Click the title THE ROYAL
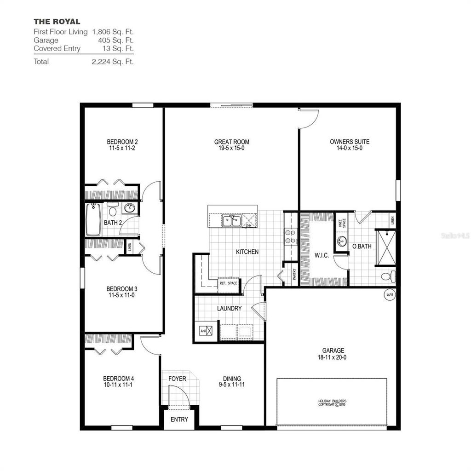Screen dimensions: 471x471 (57, 21)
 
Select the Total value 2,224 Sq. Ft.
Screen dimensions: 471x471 (113, 61)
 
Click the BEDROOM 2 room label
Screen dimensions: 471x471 (122, 142)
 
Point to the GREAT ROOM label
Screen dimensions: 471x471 (231, 142)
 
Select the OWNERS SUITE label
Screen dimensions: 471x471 (350, 142)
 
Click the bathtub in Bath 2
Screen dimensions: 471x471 (93, 220)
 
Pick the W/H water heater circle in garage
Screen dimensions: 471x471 (390, 294)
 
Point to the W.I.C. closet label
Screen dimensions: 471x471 (322, 255)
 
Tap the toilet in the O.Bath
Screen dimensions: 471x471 (388, 276)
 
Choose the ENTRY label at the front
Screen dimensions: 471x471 (179, 419)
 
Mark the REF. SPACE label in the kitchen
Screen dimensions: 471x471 (228, 283)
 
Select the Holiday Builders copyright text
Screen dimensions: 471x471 (332, 403)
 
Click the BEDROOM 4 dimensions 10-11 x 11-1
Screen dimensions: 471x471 (118, 385)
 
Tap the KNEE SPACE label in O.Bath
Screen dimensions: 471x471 (341, 223)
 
